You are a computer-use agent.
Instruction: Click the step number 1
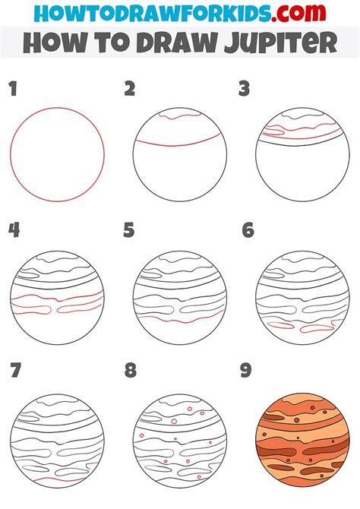13,90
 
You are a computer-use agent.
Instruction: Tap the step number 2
130,90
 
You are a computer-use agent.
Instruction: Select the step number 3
244,90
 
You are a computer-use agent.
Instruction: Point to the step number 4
14,230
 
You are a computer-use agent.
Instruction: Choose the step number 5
129,230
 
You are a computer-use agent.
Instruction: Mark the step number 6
248,230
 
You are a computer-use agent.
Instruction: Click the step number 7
14,371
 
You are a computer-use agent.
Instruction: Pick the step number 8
130,371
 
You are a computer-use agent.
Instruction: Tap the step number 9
247,371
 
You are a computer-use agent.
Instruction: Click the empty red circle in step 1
58,155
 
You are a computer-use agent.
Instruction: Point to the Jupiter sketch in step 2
179,155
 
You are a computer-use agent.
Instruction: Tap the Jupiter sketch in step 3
302,155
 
